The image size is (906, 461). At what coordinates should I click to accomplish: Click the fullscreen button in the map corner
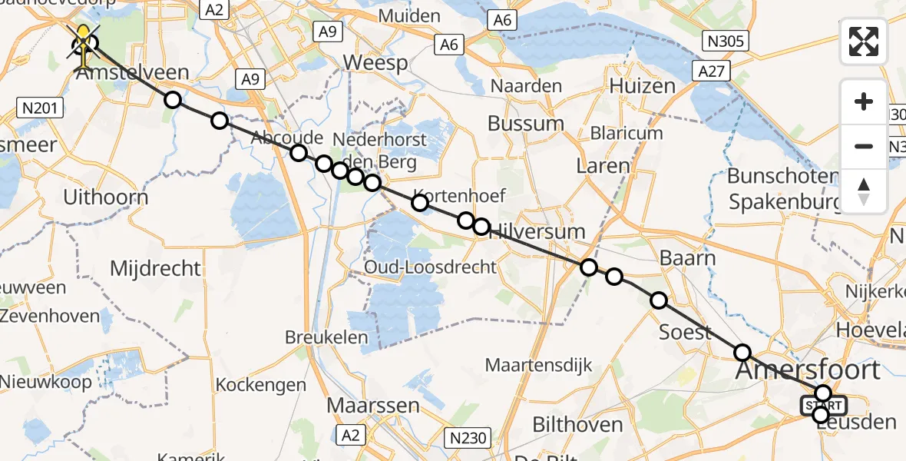pos(864,41)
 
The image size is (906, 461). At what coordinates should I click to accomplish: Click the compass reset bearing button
pos(864,191)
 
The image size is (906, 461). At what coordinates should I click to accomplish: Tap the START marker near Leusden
pos(824,405)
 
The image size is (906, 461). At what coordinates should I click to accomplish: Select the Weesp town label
pos(375,63)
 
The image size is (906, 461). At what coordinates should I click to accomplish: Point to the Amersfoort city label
pos(808,370)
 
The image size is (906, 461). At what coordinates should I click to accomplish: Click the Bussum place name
pos(526,124)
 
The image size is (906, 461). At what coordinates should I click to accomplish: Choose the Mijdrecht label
pos(155,269)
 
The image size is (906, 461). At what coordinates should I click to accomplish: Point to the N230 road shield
pos(468,438)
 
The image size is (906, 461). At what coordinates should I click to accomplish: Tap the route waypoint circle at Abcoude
pos(299,153)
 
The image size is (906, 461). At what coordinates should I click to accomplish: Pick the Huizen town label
pos(643,86)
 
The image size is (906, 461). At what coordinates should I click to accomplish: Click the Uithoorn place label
pos(106,197)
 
